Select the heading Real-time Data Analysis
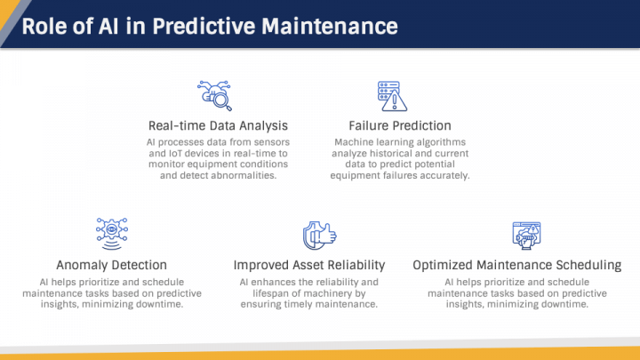point(218,125)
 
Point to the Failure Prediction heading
point(399,125)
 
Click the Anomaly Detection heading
point(111,265)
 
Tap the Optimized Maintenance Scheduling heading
point(516,265)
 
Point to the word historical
point(381,153)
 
